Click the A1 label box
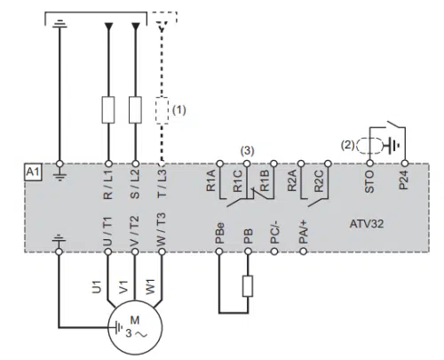point(33,172)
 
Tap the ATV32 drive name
point(367,223)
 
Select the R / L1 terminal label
point(108,185)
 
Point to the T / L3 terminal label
point(162,184)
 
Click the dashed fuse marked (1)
point(162,110)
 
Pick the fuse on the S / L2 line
point(135,109)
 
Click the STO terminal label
point(369,181)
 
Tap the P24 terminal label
point(404,180)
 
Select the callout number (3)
point(247,151)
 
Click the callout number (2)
point(348,145)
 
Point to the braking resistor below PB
point(248,286)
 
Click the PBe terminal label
point(219,233)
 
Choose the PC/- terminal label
point(275,234)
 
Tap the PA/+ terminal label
point(304,232)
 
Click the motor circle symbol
point(135,327)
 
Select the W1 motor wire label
point(150,287)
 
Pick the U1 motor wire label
point(97,287)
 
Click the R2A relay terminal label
point(292,180)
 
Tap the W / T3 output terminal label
point(162,229)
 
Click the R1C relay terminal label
point(238,181)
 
